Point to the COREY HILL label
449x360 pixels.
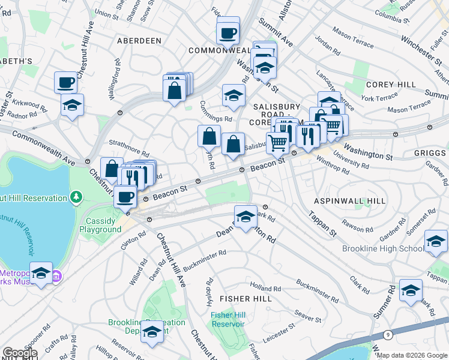tap(387, 85)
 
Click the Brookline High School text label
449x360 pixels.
tap(383, 248)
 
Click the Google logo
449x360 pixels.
tap(20, 353)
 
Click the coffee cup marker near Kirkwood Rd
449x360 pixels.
tap(66, 82)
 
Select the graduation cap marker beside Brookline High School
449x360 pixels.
tap(436, 241)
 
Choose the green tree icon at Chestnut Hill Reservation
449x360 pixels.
tap(76, 197)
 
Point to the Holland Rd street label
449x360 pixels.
tap(266, 289)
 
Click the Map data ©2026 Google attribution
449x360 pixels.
tap(411, 355)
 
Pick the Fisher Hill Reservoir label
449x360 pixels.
tap(228, 319)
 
